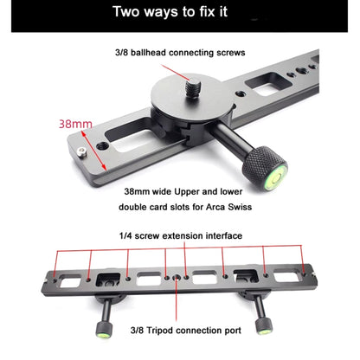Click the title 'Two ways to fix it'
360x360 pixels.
[179, 15]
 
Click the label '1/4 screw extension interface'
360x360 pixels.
[180, 235]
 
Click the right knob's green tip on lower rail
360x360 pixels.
[259, 329]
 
